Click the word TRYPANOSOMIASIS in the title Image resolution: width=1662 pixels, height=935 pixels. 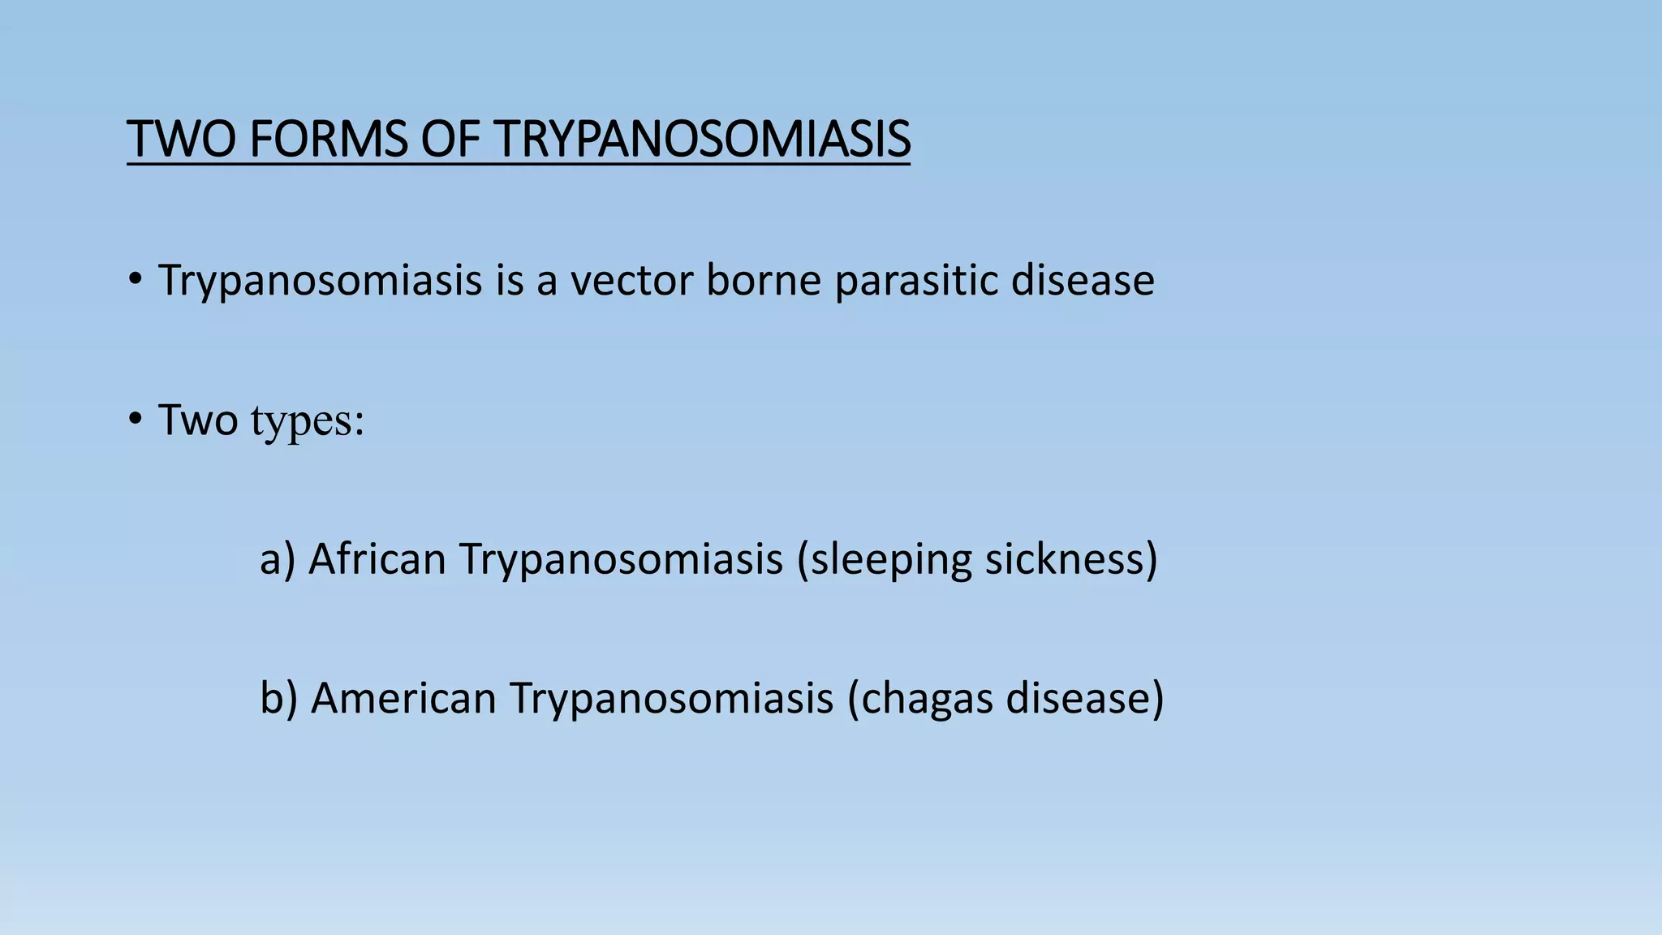pyautogui.click(x=702, y=139)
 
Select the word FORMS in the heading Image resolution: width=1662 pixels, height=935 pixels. pyautogui.click(x=328, y=139)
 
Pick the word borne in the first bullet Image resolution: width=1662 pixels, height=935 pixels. pyautogui.click(x=764, y=281)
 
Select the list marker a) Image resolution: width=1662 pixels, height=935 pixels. pyautogui.click(x=277, y=560)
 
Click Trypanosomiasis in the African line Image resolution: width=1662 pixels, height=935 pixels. pyautogui.click(x=621, y=560)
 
